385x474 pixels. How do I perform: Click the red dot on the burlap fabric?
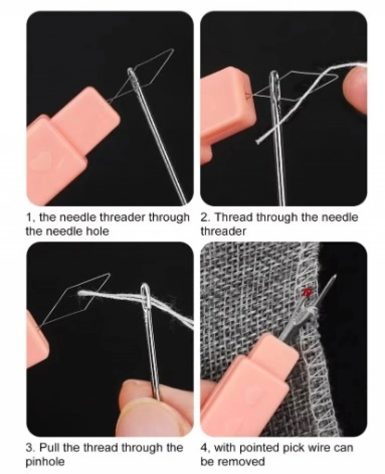(x=307, y=292)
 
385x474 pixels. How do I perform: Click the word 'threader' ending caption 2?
(x=223, y=232)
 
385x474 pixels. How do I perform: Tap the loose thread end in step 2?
(x=258, y=141)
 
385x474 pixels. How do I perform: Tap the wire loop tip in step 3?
(x=109, y=274)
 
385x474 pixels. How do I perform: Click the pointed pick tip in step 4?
(x=335, y=276)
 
